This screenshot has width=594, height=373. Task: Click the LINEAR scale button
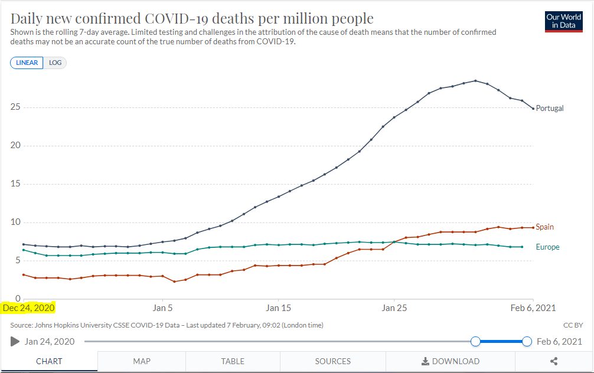(x=27, y=63)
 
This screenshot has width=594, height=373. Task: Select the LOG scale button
(x=55, y=63)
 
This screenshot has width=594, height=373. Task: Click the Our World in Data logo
(x=564, y=21)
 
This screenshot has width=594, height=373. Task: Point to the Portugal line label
(x=550, y=109)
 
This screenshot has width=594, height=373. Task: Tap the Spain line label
(x=545, y=227)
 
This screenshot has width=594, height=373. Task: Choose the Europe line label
(x=547, y=247)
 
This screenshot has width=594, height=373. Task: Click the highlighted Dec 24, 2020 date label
(x=28, y=307)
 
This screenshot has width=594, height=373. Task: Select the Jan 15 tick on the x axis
(x=278, y=307)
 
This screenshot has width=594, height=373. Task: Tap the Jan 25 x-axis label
(x=394, y=307)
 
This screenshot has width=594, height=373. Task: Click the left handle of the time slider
(x=475, y=341)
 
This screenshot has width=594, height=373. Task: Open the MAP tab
(x=142, y=361)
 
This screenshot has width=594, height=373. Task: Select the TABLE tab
(x=233, y=361)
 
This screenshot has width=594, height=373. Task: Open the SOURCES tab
(x=332, y=361)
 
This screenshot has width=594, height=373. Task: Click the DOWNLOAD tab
(x=450, y=361)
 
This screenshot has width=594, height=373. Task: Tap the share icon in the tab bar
(x=554, y=361)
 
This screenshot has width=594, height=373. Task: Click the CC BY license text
(x=573, y=325)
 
